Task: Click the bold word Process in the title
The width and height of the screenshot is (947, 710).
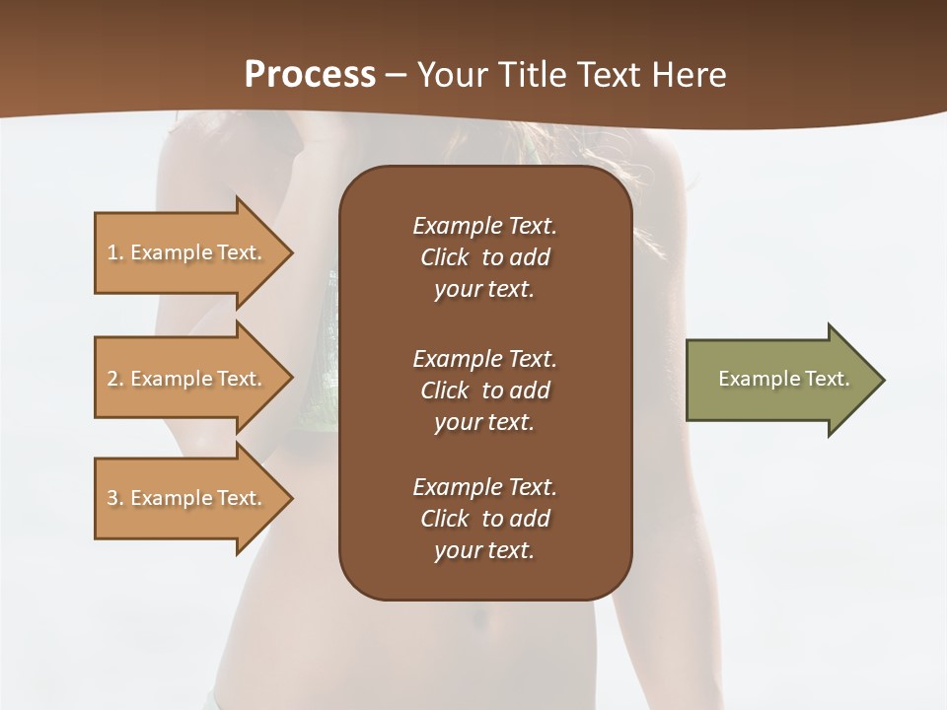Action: click(x=310, y=75)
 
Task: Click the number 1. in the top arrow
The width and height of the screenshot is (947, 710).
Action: click(x=114, y=252)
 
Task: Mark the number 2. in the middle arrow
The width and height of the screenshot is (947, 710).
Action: click(x=114, y=379)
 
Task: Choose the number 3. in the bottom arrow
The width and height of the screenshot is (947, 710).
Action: click(x=114, y=498)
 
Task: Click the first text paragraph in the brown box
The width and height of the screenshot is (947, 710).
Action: click(x=484, y=257)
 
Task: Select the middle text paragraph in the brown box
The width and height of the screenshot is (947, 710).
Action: click(x=484, y=390)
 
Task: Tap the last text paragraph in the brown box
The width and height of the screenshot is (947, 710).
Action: click(x=484, y=519)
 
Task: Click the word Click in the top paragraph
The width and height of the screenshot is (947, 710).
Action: click(x=444, y=257)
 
